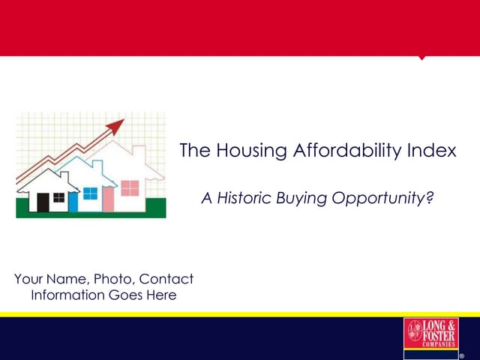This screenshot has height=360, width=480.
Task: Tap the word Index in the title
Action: (430, 151)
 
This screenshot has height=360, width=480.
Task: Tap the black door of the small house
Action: (43, 202)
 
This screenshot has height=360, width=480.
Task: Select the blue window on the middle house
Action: (91, 193)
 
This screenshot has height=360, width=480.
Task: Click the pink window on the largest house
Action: (130, 187)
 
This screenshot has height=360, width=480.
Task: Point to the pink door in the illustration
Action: (108, 200)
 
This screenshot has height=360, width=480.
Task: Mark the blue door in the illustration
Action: (73, 201)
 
